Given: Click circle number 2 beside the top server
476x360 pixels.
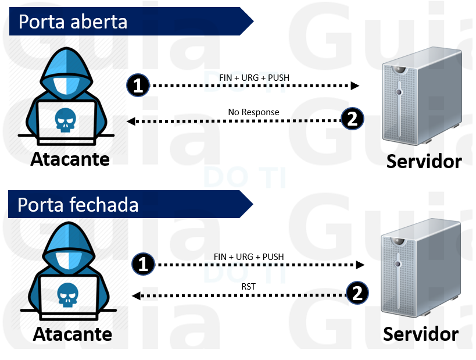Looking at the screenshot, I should click(352, 119).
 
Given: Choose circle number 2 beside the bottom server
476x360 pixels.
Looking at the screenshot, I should click(357, 293).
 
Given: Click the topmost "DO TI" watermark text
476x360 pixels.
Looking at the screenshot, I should click(245, 82).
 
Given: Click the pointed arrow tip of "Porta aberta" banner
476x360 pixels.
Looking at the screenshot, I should click(250, 22).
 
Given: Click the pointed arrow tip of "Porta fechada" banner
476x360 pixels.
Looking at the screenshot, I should click(250, 205).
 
